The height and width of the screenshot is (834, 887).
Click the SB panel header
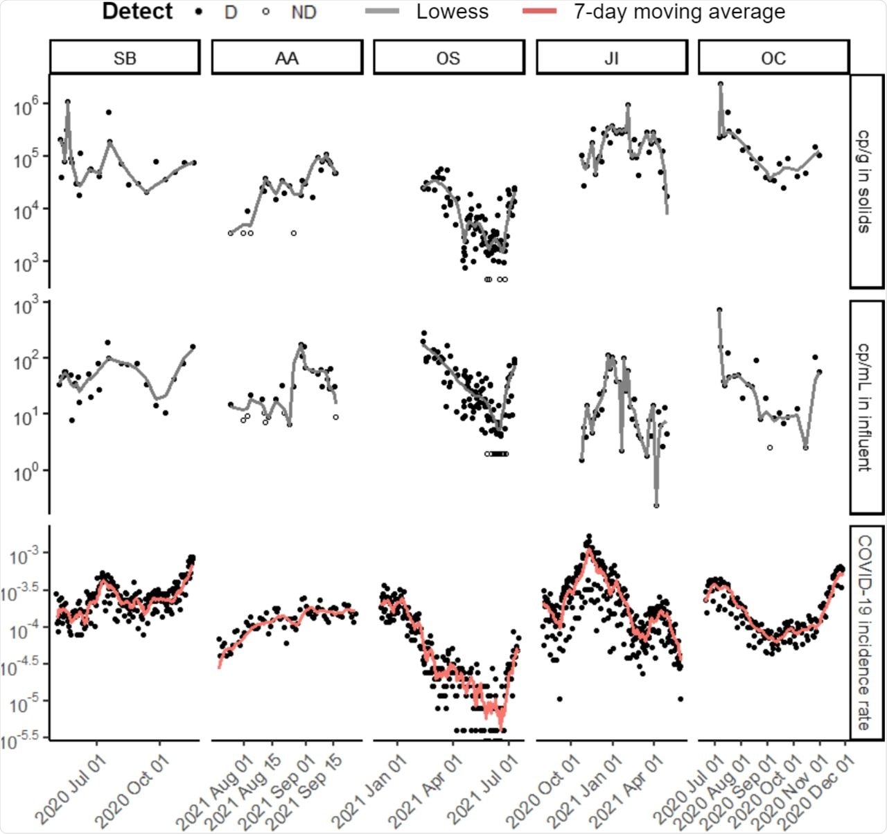[125, 57]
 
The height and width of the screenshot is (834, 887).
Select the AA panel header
[287, 57]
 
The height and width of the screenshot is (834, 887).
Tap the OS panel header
[448, 57]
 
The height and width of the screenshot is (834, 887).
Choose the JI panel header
[611, 57]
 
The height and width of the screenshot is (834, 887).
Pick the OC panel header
[773, 57]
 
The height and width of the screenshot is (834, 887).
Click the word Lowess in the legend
[452, 12]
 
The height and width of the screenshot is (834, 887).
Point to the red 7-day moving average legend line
[540, 12]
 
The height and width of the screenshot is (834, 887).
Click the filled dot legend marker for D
[200, 12]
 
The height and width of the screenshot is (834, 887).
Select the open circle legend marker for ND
[266, 12]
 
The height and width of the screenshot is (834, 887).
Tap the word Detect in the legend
[137, 12]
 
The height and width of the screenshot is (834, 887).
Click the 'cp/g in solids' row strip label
[866, 181]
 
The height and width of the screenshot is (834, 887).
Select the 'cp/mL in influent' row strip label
[866, 407]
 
